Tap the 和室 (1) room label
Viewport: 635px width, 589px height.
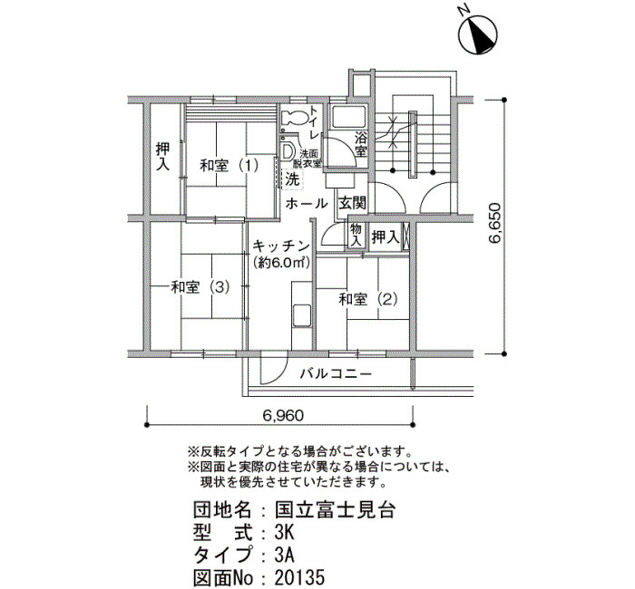[x=230, y=166]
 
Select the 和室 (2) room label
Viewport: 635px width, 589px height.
[x=367, y=300]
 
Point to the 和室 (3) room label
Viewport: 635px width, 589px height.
[x=200, y=287]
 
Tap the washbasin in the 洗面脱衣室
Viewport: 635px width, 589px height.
[x=288, y=151]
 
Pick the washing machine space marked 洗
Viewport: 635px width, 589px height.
[x=291, y=179]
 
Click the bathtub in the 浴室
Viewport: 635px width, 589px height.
[x=347, y=117]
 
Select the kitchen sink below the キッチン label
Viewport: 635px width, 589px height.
[x=302, y=314]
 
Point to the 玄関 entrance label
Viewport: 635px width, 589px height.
[x=352, y=203]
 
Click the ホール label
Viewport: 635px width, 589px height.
[x=307, y=204]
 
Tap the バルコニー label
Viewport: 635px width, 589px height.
[x=336, y=373]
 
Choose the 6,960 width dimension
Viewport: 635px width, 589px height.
[x=283, y=415]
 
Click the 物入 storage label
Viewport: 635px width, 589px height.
[x=356, y=235]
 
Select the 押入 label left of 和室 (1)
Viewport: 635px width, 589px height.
[x=162, y=157]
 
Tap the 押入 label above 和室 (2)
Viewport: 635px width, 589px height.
[x=386, y=237]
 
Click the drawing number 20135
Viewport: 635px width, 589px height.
[x=299, y=578]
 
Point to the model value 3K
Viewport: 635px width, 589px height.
[x=284, y=533]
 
